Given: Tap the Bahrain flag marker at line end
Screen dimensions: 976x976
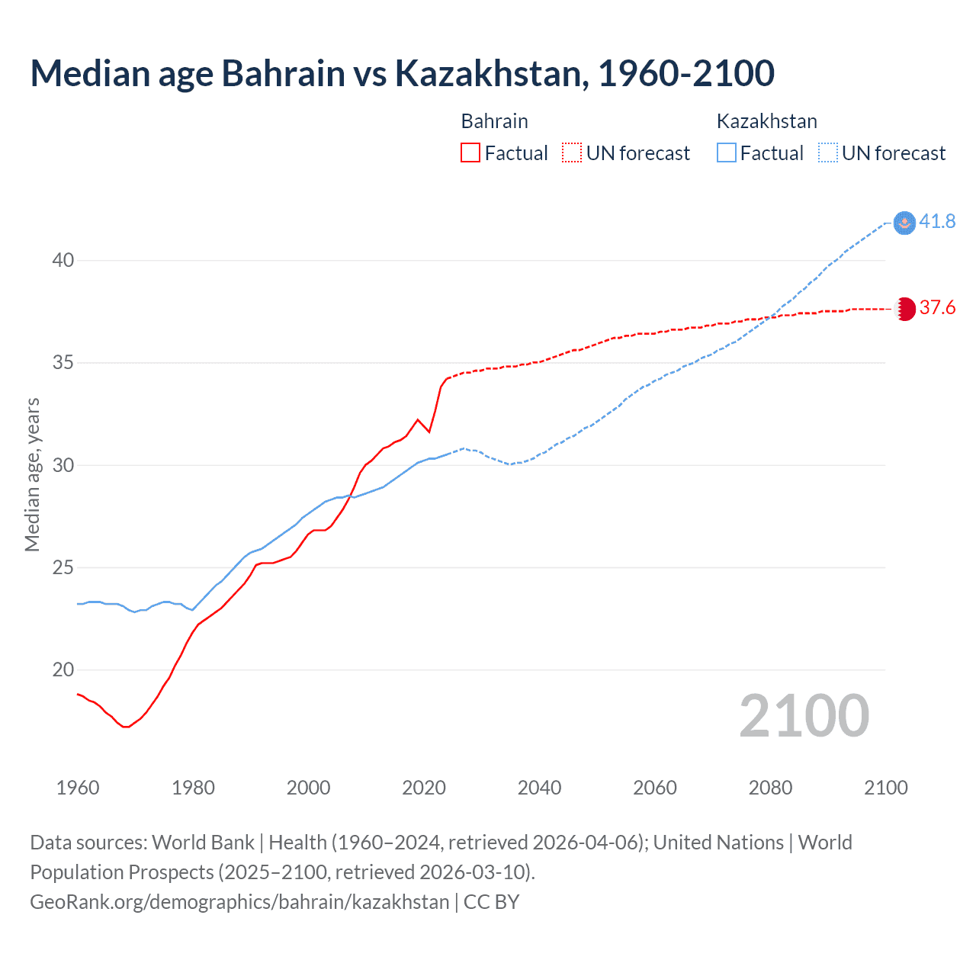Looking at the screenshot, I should point(904,309).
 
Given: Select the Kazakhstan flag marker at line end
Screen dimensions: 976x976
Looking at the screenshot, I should point(904,223).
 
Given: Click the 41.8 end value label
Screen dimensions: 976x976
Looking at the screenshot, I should point(937,222).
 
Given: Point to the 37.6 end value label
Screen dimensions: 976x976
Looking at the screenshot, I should point(937,308).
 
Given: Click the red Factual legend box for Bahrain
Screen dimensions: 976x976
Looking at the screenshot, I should point(470,153).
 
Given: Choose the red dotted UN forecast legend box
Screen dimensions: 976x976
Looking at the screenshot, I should point(572,153).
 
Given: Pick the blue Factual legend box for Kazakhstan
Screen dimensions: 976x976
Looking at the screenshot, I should point(727,153).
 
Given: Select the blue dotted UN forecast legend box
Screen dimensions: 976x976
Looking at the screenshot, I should point(828,153).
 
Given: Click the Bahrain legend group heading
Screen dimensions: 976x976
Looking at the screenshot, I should point(494,121).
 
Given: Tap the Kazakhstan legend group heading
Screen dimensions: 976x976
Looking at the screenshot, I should point(766,121).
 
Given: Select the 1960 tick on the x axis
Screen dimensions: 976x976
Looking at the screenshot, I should point(78,788).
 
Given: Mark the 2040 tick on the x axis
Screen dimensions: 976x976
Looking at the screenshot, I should point(539,788).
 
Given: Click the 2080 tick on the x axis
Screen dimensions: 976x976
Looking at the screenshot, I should point(770,788).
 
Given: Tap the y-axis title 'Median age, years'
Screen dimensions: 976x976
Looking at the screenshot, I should point(32,474).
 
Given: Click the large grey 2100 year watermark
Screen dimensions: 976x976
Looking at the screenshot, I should point(804,716).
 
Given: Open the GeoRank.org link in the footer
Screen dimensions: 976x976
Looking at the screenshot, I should point(239,902).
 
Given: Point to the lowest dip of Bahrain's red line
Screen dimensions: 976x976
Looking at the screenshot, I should point(126,727).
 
